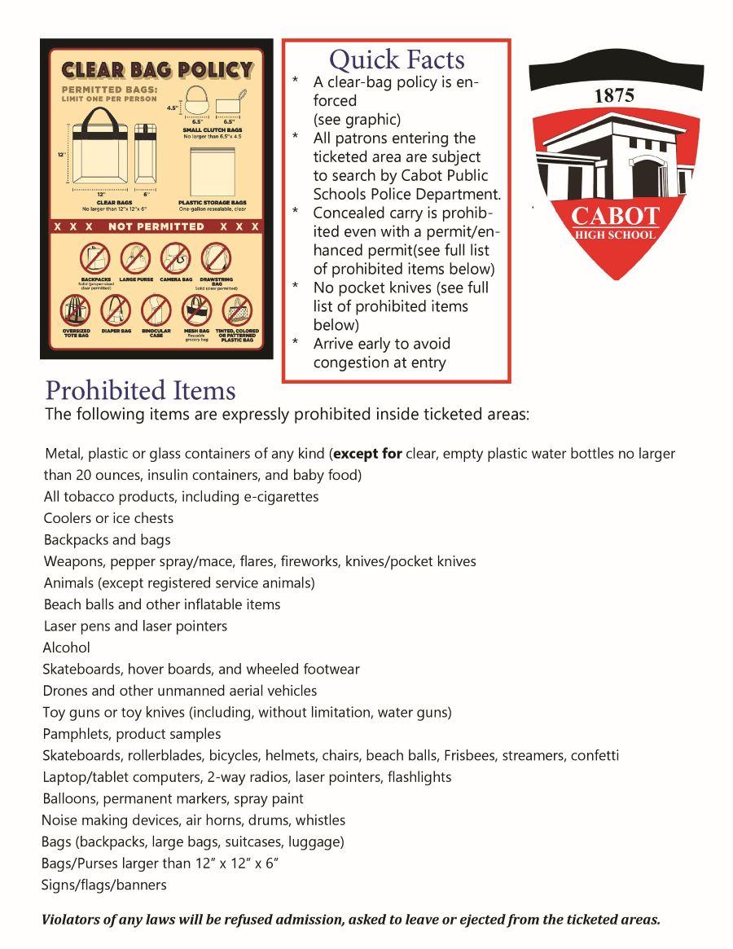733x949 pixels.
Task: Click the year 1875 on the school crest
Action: [x=615, y=95]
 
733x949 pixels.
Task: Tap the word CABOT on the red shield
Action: [x=616, y=217]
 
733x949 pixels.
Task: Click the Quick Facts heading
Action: [x=397, y=59]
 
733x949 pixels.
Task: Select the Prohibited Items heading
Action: [x=140, y=390]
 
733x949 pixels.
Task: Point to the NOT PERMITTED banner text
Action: [x=156, y=226]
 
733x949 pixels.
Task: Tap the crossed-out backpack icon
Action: [x=94, y=259]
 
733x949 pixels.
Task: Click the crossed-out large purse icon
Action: [x=135, y=259]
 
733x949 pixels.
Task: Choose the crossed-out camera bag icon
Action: [x=175, y=259]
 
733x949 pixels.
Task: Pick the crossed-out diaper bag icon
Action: [x=116, y=310]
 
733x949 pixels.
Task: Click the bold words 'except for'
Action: [x=367, y=454]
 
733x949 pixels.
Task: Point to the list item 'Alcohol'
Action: [x=67, y=648]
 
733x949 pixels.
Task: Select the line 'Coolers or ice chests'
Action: [x=108, y=518]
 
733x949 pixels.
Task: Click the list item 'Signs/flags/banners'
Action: [x=104, y=885]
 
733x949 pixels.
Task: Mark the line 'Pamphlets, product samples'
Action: [x=132, y=734]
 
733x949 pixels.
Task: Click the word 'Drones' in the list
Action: [x=64, y=691]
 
